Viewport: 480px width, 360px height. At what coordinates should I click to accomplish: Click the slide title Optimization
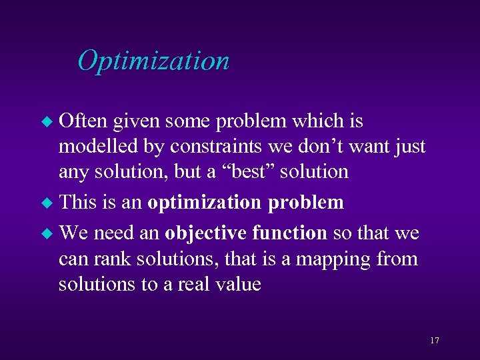pyautogui.click(x=153, y=61)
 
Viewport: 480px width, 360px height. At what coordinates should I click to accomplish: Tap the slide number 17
pyautogui.click(x=434, y=341)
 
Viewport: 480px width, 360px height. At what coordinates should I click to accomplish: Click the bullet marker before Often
pyautogui.click(x=47, y=122)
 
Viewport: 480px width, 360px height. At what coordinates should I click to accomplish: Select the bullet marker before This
pyautogui.click(x=47, y=203)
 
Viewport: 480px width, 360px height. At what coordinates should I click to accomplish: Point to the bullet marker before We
pyautogui.click(x=47, y=234)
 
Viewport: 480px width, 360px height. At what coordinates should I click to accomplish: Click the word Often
pyautogui.click(x=84, y=121)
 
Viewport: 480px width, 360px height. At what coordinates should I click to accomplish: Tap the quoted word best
pyautogui.click(x=250, y=171)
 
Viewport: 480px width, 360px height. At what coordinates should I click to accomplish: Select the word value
pyautogui.click(x=237, y=285)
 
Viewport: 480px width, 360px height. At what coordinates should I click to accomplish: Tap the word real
pyautogui.click(x=193, y=285)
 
